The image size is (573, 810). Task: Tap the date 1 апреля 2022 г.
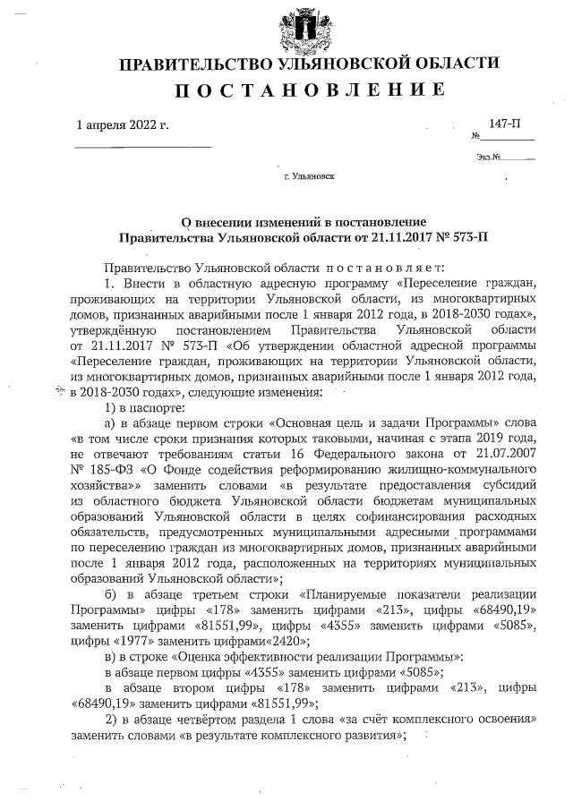click(123, 125)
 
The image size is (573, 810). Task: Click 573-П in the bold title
click(468, 238)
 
